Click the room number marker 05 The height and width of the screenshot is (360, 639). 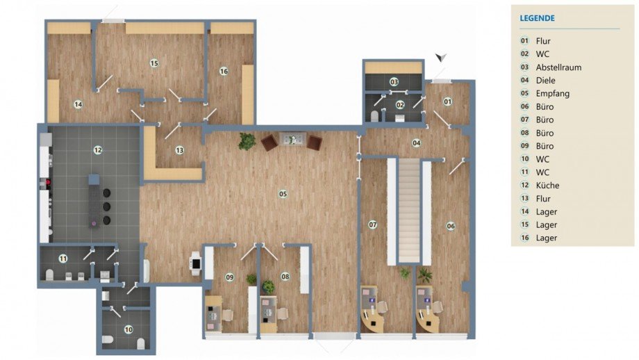pyautogui.click(x=283, y=194)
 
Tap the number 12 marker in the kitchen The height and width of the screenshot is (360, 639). pyautogui.click(x=98, y=150)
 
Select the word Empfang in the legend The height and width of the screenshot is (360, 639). pyautogui.click(x=553, y=93)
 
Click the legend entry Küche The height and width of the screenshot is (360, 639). pyautogui.click(x=547, y=185)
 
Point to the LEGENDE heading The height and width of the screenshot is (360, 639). pyautogui.click(x=537, y=18)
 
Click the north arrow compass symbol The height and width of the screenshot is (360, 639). pyautogui.click(x=440, y=58)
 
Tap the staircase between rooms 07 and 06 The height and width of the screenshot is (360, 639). pyautogui.click(x=408, y=211)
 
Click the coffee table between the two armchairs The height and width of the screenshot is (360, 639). pyautogui.click(x=292, y=138)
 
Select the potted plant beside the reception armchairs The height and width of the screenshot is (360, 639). pyautogui.click(x=247, y=141)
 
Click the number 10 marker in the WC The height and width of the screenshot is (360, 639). pyautogui.click(x=128, y=329)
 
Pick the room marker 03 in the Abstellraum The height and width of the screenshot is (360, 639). pyautogui.click(x=394, y=82)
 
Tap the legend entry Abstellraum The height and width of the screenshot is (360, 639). pyautogui.click(x=558, y=67)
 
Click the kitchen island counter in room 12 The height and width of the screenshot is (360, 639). pyautogui.click(x=93, y=201)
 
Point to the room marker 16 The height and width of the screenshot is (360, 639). pyautogui.click(x=224, y=72)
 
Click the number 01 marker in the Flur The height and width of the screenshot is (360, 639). pyautogui.click(x=447, y=101)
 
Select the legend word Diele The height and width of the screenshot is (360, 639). pyautogui.click(x=545, y=81)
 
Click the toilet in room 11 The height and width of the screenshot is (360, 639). pyautogui.click(x=49, y=275)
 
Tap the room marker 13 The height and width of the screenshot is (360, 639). pyautogui.click(x=180, y=150)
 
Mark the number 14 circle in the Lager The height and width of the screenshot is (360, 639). pyautogui.click(x=78, y=104)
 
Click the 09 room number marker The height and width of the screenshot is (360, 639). pyautogui.click(x=229, y=277)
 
